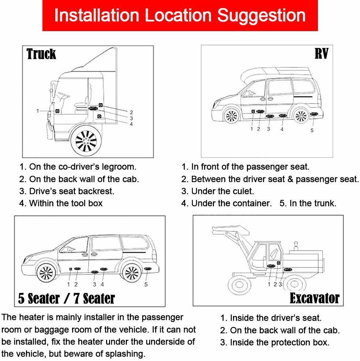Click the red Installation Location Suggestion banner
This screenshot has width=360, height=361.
click(180, 16)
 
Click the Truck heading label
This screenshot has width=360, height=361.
click(41, 54)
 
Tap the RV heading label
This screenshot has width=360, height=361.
click(321, 54)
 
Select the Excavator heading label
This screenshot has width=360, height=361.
click(314, 298)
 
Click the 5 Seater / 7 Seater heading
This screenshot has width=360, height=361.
click(67, 298)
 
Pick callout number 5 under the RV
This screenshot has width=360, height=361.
click(312, 130)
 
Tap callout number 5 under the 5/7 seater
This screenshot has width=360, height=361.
click(146, 284)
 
